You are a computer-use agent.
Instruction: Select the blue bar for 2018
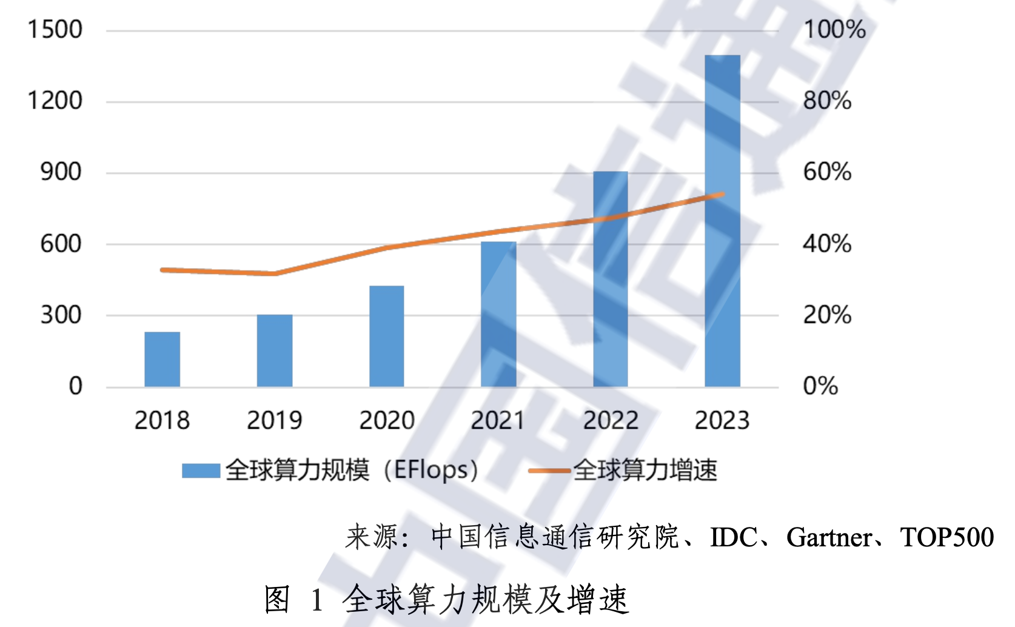[x=162, y=359]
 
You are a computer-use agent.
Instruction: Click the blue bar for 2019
[x=274, y=350]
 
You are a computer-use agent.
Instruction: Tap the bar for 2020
[x=386, y=336]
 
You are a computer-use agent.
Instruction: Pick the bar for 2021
[x=498, y=314]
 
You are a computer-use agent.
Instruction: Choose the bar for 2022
[x=610, y=279]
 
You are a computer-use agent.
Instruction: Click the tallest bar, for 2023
[x=722, y=221]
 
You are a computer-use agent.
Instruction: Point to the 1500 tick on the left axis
[x=55, y=30]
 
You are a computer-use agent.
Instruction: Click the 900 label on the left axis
[x=61, y=172]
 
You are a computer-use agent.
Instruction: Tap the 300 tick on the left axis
[x=61, y=315]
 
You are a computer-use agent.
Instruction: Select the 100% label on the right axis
[x=834, y=30]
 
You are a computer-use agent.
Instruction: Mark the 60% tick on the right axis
[x=827, y=172]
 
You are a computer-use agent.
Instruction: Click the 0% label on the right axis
[x=820, y=386]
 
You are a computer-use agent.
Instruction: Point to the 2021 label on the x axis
[x=498, y=420]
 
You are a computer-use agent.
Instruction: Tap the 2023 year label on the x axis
[x=722, y=420]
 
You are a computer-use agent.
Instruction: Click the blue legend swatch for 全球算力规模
[x=201, y=471]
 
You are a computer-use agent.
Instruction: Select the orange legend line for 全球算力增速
[x=549, y=471]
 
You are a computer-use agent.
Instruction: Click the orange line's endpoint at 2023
[x=722, y=195]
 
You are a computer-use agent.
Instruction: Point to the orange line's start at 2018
[x=162, y=270]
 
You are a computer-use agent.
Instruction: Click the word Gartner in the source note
[x=829, y=537]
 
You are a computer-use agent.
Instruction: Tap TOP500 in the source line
[x=946, y=537]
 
